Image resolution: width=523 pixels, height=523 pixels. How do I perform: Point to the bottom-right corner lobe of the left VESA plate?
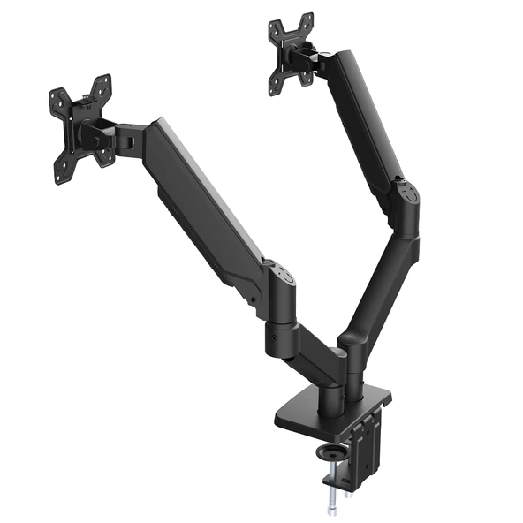coord(105,161)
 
